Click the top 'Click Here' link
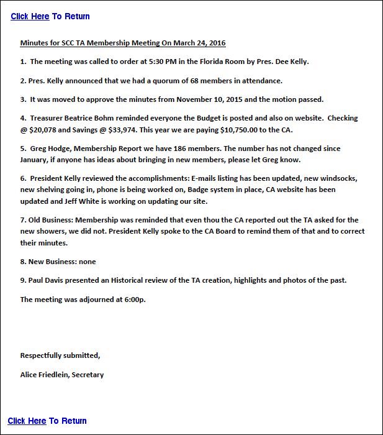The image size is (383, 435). (30, 16)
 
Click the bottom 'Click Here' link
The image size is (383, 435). (27, 421)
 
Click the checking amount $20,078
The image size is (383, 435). (45, 129)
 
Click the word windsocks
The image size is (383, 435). (339, 178)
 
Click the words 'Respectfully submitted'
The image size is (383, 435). (60, 355)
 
